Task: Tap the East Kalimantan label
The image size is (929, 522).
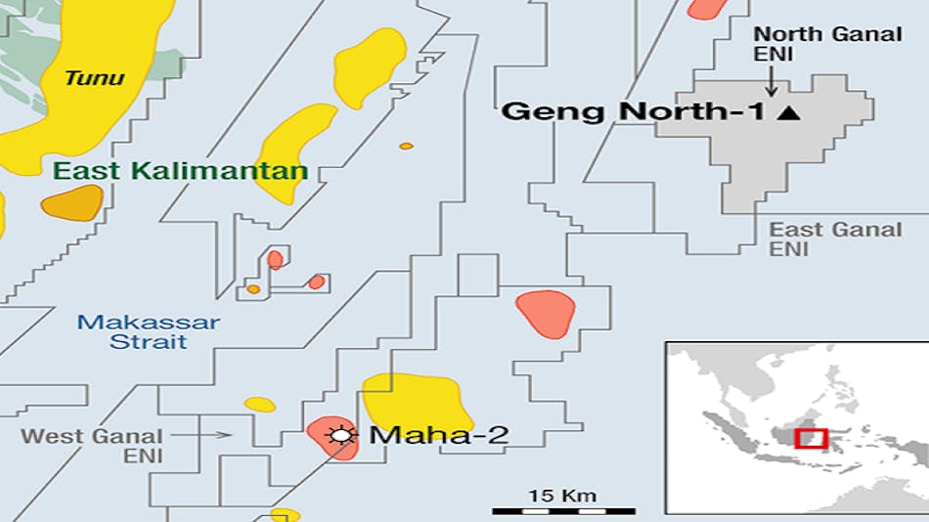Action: pos(180,172)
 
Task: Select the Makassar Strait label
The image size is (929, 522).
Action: pos(149,331)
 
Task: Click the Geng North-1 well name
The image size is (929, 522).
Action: pos(633,112)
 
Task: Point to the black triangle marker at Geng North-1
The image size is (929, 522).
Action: pos(788,113)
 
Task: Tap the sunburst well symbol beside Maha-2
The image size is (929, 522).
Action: pos(342,436)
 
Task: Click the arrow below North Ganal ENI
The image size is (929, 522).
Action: pos(771,79)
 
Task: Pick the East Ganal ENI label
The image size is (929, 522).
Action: pos(835,239)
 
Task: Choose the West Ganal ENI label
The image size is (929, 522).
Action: pos(92,446)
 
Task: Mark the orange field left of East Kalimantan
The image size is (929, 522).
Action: pos(71,204)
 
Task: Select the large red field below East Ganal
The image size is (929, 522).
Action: pos(545,313)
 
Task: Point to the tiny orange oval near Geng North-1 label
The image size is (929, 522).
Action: pos(406,146)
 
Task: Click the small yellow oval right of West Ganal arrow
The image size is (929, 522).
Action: pos(259,404)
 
